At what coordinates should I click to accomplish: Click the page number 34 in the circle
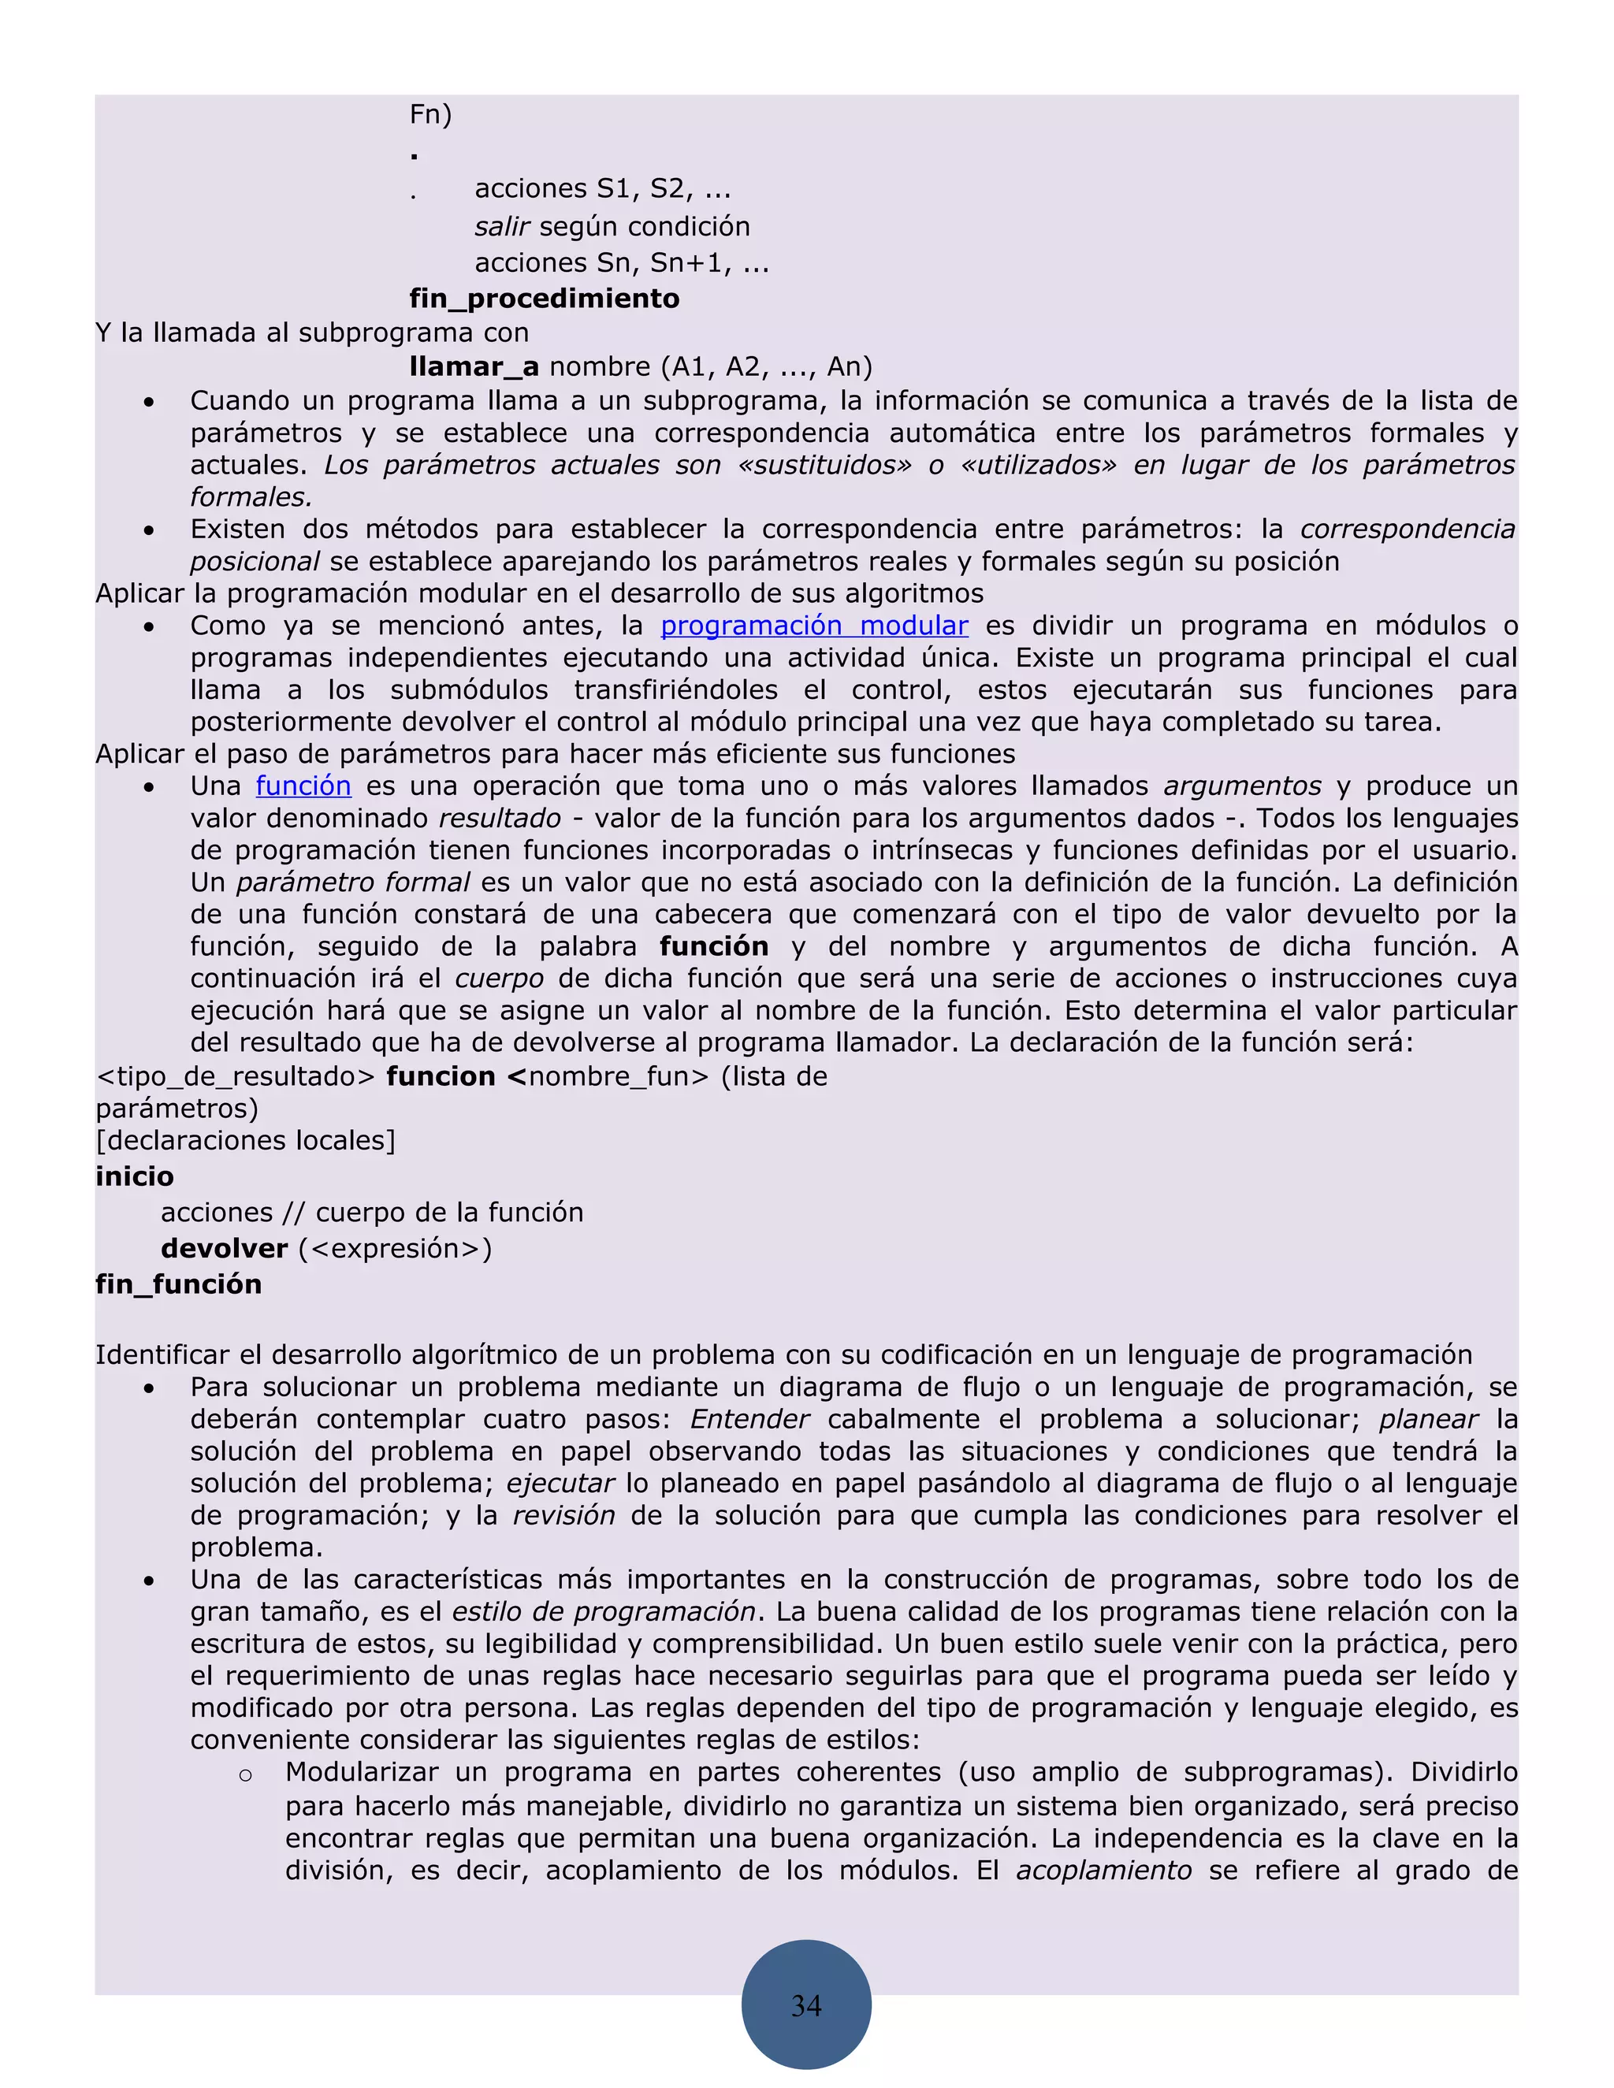click(806, 2004)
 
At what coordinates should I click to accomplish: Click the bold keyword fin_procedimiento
click(544, 299)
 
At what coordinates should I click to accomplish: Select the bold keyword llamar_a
click(474, 366)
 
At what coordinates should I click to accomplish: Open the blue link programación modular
click(813, 626)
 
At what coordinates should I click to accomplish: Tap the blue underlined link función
click(303, 786)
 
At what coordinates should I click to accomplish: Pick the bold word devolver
click(224, 1249)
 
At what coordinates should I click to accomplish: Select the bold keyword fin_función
click(179, 1284)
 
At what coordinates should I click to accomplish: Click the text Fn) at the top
click(430, 115)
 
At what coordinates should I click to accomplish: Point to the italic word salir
click(502, 227)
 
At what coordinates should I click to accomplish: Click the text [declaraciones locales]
click(246, 1141)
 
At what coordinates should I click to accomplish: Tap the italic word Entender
click(749, 1419)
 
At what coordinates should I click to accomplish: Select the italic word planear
click(1429, 1419)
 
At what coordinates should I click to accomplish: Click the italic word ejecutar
click(560, 1483)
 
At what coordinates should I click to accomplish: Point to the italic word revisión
click(564, 1515)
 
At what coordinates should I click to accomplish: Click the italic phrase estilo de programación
click(604, 1612)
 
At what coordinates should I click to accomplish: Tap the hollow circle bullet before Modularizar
click(246, 1775)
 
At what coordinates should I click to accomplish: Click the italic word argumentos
click(1242, 786)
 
